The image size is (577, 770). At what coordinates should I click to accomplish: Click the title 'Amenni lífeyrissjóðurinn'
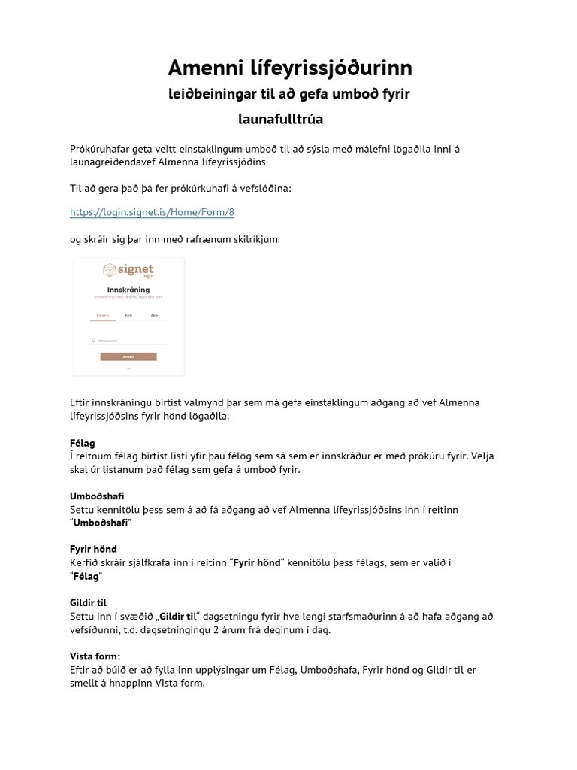coord(289,68)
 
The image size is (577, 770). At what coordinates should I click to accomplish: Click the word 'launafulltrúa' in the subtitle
coord(280,120)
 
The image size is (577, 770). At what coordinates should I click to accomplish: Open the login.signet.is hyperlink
coord(152,212)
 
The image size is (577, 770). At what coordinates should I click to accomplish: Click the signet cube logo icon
coord(110,271)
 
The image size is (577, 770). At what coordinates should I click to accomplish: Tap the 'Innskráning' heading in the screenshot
coord(128,290)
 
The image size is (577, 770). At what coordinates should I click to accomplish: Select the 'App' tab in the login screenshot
coord(154,315)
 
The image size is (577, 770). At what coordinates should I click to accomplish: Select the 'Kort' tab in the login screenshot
coord(128,315)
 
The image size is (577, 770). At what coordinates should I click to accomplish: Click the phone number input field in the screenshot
coord(128,341)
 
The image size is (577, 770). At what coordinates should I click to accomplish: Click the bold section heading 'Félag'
coord(83,444)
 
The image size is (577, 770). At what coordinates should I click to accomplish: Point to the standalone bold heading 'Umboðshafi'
coord(97,496)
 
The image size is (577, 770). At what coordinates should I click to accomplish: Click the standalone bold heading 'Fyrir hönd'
coord(93,549)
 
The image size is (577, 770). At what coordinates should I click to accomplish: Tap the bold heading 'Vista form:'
coord(95,656)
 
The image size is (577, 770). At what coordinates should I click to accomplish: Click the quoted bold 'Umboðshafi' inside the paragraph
coord(101,523)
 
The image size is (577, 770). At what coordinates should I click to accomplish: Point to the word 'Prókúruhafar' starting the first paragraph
coord(99,148)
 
